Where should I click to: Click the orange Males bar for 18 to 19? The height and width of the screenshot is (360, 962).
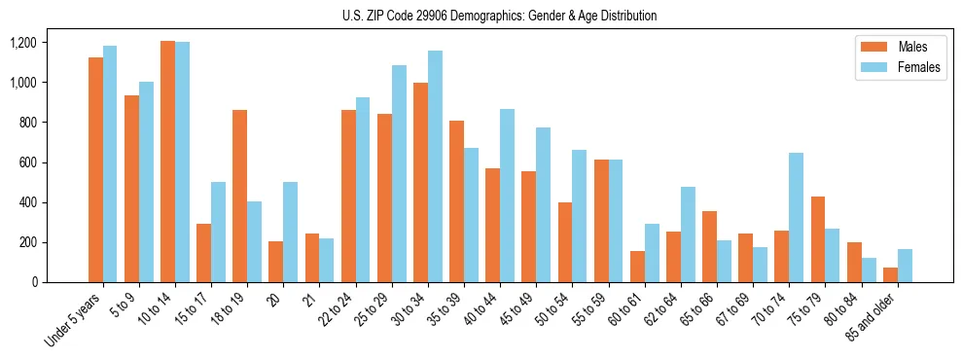[x=239, y=196]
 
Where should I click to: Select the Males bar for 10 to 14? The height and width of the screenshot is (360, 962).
[x=167, y=162]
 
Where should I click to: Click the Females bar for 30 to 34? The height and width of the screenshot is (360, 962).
[x=435, y=166]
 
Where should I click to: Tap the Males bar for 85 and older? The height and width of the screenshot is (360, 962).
[x=890, y=274]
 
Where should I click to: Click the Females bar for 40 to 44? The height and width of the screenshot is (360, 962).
[x=507, y=196]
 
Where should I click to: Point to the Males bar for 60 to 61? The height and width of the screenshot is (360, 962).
[x=637, y=267]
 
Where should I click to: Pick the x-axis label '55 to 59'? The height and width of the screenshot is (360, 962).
[x=586, y=309]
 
